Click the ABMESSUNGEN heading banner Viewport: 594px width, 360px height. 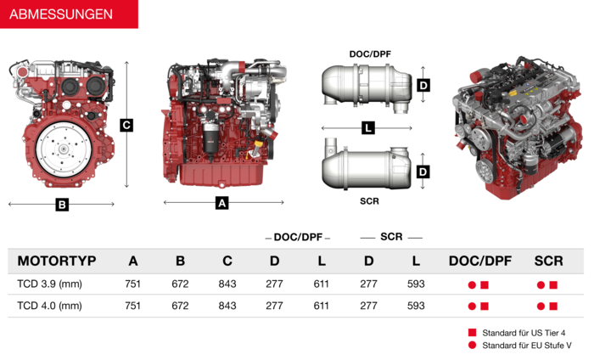pyautogui.click(x=69, y=14)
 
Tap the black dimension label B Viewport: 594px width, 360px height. pyautogui.click(x=62, y=205)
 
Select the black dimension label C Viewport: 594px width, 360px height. pyautogui.click(x=126, y=125)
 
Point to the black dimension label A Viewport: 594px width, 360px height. pyautogui.click(x=222, y=203)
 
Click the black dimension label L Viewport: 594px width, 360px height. pyautogui.click(x=368, y=127)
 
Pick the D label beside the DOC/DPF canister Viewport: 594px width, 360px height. pyautogui.click(x=423, y=85)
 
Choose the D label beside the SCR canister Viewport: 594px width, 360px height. pyautogui.click(x=423, y=172)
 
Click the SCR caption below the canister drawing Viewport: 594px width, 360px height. pyautogui.click(x=369, y=201)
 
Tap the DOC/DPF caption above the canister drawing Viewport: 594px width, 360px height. pyautogui.click(x=370, y=54)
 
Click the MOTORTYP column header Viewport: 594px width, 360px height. pyautogui.click(x=57, y=261)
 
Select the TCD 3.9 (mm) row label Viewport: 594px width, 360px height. pyautogui.click(x=49, y=284)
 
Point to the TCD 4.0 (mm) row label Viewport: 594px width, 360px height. pyautogui.click(x=49, y=306)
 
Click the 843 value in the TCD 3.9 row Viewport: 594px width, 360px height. pyautogui.click(x=227, y=284)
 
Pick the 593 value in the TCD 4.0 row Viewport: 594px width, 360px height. pyautogui.click(x=416, y=306)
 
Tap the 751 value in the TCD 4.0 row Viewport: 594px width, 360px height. pyautogui.click(x=132, y=306)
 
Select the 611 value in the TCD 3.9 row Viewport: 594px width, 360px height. pyautogui.click(x=322, y=284)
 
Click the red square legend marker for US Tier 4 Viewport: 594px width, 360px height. pyautogui.click(x=472, y=332)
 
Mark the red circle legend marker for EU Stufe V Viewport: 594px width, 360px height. pyautogui.click(x=472, y=345)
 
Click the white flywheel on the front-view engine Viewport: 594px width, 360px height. pyautogui.click(x=64, y=149)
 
